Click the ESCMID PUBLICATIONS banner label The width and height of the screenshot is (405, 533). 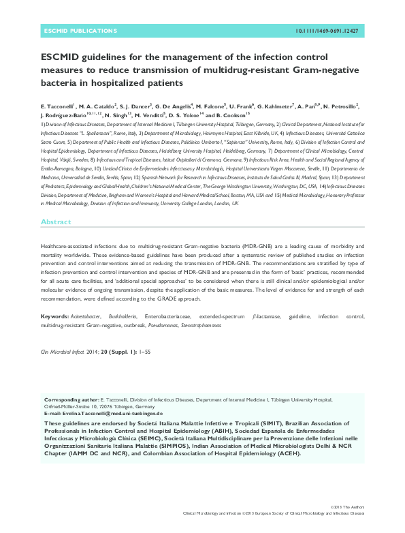pos(72,31)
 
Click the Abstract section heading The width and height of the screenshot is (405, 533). pos(56,222)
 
